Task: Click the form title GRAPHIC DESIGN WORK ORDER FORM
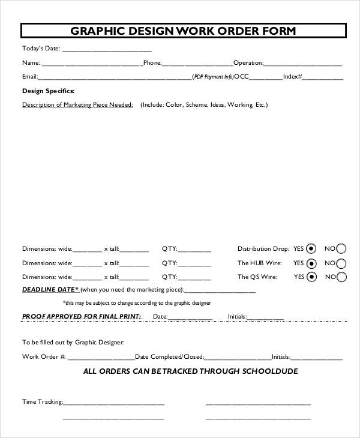click(183, 31)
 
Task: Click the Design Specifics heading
click(48, 91)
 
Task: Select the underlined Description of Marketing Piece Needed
click(77, 104)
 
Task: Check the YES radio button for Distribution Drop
click(311, 248)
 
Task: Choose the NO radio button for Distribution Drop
click(341, 248)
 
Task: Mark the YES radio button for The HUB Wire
click(311, 263)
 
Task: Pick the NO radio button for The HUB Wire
click(341, 263)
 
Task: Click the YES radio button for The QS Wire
click(311, 277)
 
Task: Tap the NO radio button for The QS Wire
click(341, 277)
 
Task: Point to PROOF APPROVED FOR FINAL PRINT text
click(82, 316)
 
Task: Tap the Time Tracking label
click(42, 401)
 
